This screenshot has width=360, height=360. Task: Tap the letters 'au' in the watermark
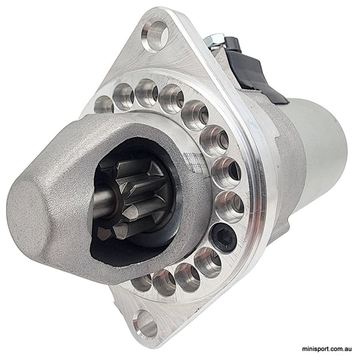[349, 348]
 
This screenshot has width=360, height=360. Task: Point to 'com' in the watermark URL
[337, 348]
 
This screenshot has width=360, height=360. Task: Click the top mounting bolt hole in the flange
[155, 34]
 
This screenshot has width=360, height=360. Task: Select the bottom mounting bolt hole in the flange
[145, 325]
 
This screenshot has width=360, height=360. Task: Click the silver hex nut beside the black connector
[214, 40]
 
